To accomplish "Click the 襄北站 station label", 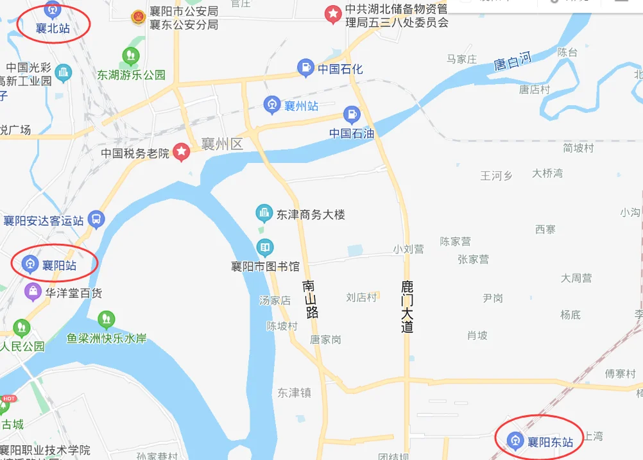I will point(54,28).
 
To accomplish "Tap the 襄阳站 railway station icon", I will point(29,264).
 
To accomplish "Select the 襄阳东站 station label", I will point(550,441).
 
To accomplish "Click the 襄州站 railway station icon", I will point(272,105).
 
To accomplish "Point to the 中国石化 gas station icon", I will point(305,67).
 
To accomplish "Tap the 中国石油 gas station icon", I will point(352,115).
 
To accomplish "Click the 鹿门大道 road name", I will point(407,305).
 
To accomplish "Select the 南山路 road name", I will point(310,299).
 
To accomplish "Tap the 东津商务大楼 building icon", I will point(263,213).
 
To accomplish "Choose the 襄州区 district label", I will point(222,144).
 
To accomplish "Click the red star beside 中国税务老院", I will point(182,152).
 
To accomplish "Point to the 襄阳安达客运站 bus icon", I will point(96,219).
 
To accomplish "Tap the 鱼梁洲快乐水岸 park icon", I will point(106,319).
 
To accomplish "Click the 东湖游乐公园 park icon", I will point(132,56).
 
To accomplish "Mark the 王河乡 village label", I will point(496,175).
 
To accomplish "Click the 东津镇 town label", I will point(294,393).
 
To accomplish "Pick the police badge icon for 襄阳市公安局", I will point(137,17).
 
